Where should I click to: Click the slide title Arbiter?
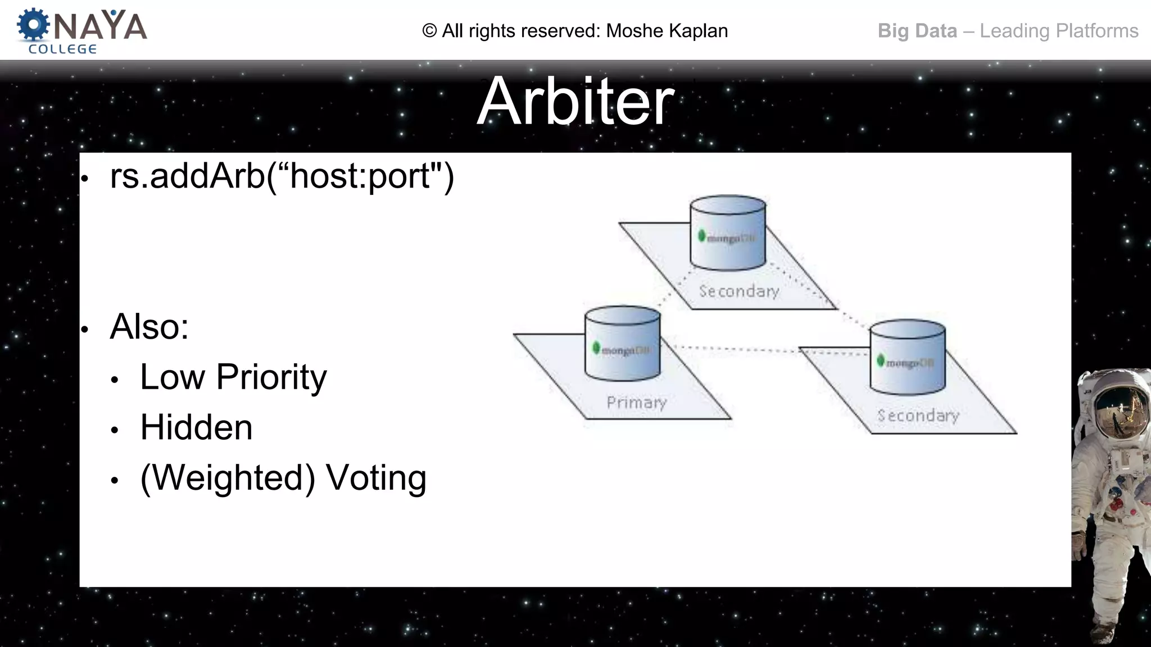click(x=575, y=102)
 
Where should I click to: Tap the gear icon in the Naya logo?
click(x=33, y=25)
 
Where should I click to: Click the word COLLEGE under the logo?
click(x=62, y=49)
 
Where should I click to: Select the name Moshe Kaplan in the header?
click(x=667, y=31)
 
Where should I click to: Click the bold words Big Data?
click(x=917, y=31)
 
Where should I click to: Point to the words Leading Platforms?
click(x=1059, y=31)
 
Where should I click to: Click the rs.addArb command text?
click(x=281, y=176)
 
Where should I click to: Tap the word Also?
click(x=149, y=326)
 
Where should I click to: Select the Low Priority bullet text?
click(x=233, y=377)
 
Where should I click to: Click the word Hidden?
click(x=196, y=427)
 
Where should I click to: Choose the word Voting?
click(x=376, y=478)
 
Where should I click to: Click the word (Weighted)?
click(x=228, y=478)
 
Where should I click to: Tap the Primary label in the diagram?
click(x=636, y=403)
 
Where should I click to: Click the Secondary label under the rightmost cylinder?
click(x=918, y=416)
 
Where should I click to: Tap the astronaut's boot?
click(x=1103, y=632)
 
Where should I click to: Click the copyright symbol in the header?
click(x=429, y=31)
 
